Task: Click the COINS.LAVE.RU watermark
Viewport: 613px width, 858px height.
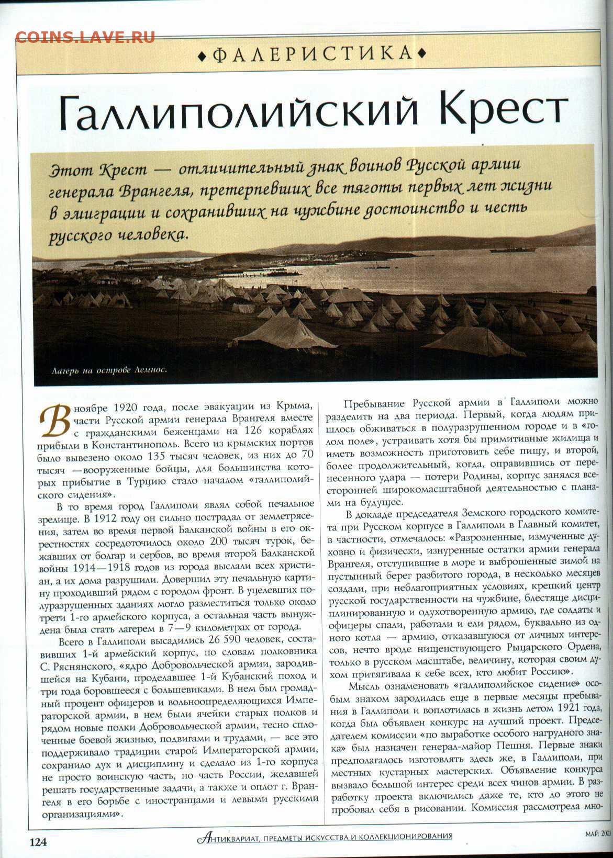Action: [85, 37]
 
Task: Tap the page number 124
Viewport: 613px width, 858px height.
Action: [38, 842]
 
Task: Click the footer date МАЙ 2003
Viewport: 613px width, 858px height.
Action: [598, 833]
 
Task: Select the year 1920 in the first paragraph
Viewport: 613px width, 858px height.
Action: [128, 407]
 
